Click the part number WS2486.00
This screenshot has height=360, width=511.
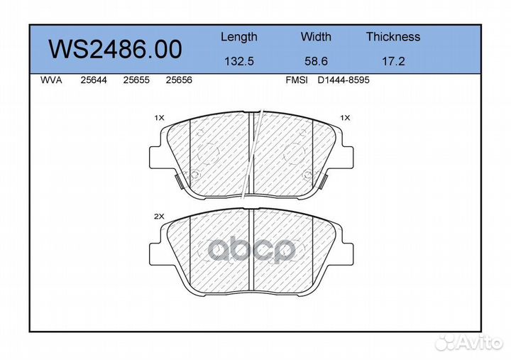point(115,50)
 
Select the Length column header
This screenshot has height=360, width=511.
point(239,37)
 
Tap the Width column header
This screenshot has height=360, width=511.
point(316,36)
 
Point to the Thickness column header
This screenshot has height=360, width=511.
point(393,36)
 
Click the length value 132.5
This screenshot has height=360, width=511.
point(239,61)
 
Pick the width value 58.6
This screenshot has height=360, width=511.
point(316,61)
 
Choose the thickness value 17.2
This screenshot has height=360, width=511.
point(393,61)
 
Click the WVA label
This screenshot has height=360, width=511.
point(51,80)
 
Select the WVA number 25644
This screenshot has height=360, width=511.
point(94,80)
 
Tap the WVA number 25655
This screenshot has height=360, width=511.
point(136,80)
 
